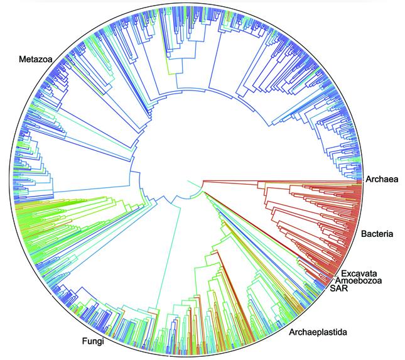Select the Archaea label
381,180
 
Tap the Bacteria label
377,235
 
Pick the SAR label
338,290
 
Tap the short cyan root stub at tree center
192,183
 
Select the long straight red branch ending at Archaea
283,179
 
